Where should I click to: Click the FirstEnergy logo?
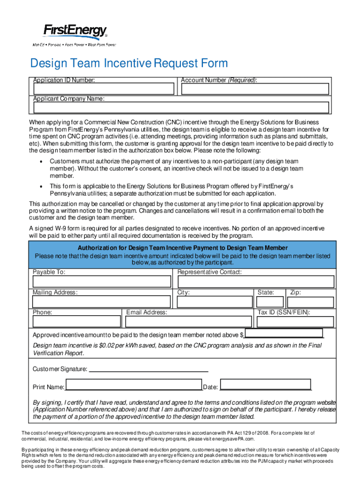[75, 32]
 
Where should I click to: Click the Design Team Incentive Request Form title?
[129, 64]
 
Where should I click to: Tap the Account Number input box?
[255, 89]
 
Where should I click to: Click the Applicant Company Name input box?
[182, 108]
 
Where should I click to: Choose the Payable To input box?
[101, 281]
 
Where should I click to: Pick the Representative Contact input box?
[256, 281]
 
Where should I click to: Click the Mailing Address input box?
[101, 302]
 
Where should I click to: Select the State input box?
[270, 302]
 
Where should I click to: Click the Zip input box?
[310, 302]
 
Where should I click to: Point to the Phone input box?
[77, 321]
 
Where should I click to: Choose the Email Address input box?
[189, 321]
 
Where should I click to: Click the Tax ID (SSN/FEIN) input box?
[295, 321]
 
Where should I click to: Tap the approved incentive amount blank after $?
[283, 333]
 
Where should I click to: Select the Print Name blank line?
[133, 386]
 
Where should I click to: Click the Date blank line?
[266, 386]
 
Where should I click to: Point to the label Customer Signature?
[60, 369]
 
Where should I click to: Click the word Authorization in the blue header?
[97, 248]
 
